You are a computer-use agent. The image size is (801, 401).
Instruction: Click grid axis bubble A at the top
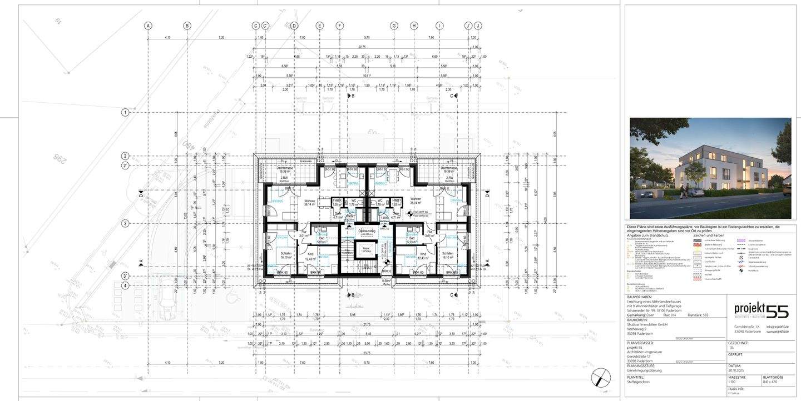(148, 26)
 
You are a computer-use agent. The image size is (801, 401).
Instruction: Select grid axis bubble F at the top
(339, 26)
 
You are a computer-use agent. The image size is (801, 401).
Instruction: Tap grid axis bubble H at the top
(414, 26)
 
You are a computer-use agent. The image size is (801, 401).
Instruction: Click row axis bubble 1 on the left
(126, 112)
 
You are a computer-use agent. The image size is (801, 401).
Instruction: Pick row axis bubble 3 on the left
(126, 223)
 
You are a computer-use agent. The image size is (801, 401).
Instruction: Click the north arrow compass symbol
(600, 378)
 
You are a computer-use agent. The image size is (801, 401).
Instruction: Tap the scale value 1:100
(733, 382)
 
